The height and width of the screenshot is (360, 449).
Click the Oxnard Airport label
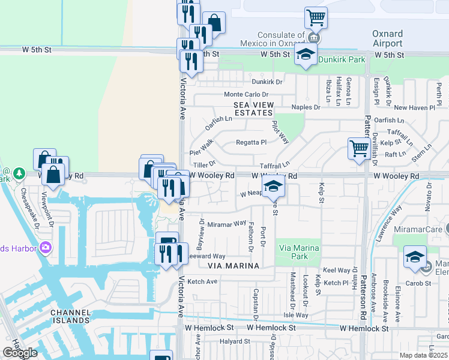click(387, 39)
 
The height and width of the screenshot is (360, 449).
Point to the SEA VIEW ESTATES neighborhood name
click(253, 109)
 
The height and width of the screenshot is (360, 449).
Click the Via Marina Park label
click(298, 252)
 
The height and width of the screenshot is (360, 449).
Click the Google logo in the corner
click(20, 353)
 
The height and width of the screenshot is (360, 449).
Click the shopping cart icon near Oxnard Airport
click(316, 17)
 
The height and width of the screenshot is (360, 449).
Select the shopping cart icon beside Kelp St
click(359, 148)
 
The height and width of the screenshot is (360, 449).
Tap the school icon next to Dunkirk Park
click(306, 56)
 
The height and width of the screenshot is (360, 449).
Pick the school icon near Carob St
click(415, 257)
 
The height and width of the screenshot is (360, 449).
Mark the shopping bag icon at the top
click(214, 23)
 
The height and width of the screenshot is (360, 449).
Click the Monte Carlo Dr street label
click(246, 95)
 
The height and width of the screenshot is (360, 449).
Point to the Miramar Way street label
click(227, 224)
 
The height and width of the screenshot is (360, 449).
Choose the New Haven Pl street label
click(414, 108)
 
